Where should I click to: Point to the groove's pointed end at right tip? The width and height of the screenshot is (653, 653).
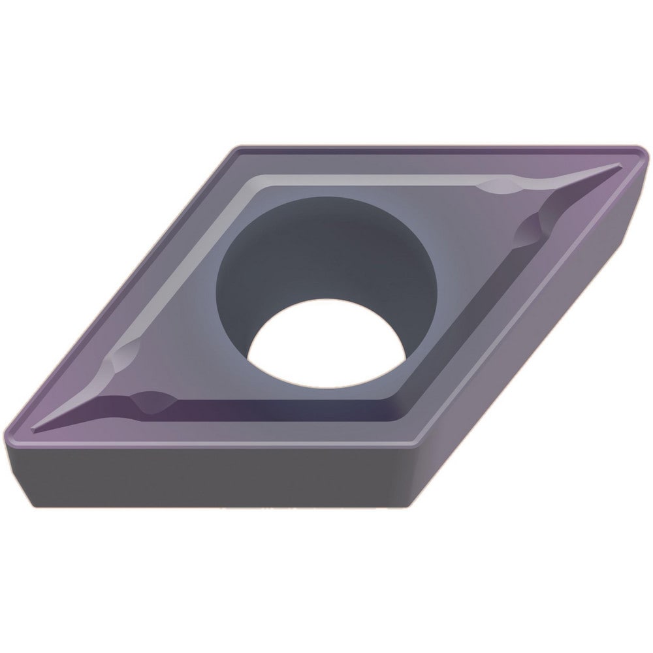617,167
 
